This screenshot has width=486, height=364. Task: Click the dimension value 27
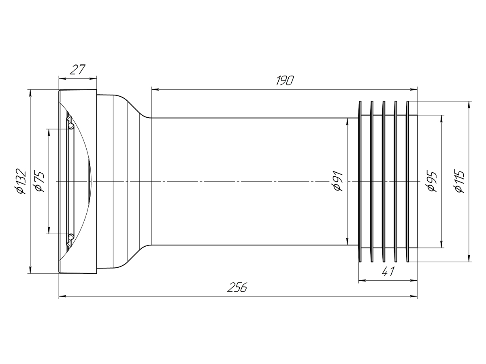[77, 70]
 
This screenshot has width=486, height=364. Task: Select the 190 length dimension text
[285, 80]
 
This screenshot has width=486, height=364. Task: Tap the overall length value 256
[237, 287]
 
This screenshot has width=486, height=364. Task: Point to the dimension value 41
[388, 271]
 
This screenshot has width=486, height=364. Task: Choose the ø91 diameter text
[338, 181]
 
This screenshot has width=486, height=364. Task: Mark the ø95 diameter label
[432, 181]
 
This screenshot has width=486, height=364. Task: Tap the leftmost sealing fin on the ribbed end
[360, 182]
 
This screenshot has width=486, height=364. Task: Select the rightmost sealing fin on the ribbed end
[407, 182]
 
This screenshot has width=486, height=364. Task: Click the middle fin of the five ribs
[384, 182]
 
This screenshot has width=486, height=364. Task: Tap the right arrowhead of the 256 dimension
[414, 296]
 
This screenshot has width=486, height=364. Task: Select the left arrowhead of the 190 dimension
[155, 89]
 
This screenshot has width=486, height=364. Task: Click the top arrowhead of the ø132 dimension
[30, 93]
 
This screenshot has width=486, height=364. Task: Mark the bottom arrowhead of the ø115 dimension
[469, 258]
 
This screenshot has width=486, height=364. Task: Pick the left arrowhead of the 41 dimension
[362, 280]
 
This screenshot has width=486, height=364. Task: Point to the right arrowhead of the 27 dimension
[93, 78]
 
